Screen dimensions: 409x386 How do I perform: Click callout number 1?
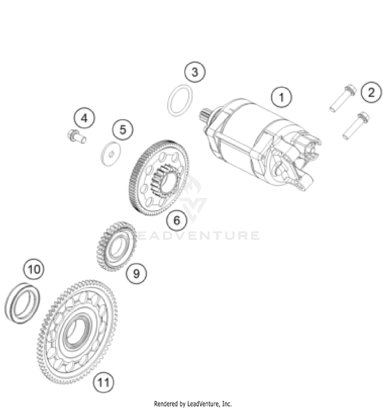pos(281,97)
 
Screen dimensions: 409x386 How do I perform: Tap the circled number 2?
pos(371,93)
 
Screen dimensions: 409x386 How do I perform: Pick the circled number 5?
pos(123,130)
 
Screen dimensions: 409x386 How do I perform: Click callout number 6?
pos(177,220)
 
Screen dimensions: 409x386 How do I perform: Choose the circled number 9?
pos(136,273)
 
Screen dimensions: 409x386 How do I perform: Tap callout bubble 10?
pos(34,269)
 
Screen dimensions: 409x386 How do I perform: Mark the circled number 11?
pos(103,382)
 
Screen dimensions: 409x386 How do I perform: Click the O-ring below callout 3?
pos(180,100)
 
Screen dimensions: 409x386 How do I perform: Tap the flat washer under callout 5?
pos(111,154)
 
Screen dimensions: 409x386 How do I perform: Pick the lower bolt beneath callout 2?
pos(356,125)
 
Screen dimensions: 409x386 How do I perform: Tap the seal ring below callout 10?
pos(23,303)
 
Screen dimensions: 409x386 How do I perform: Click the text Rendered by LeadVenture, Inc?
pos(193,403)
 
